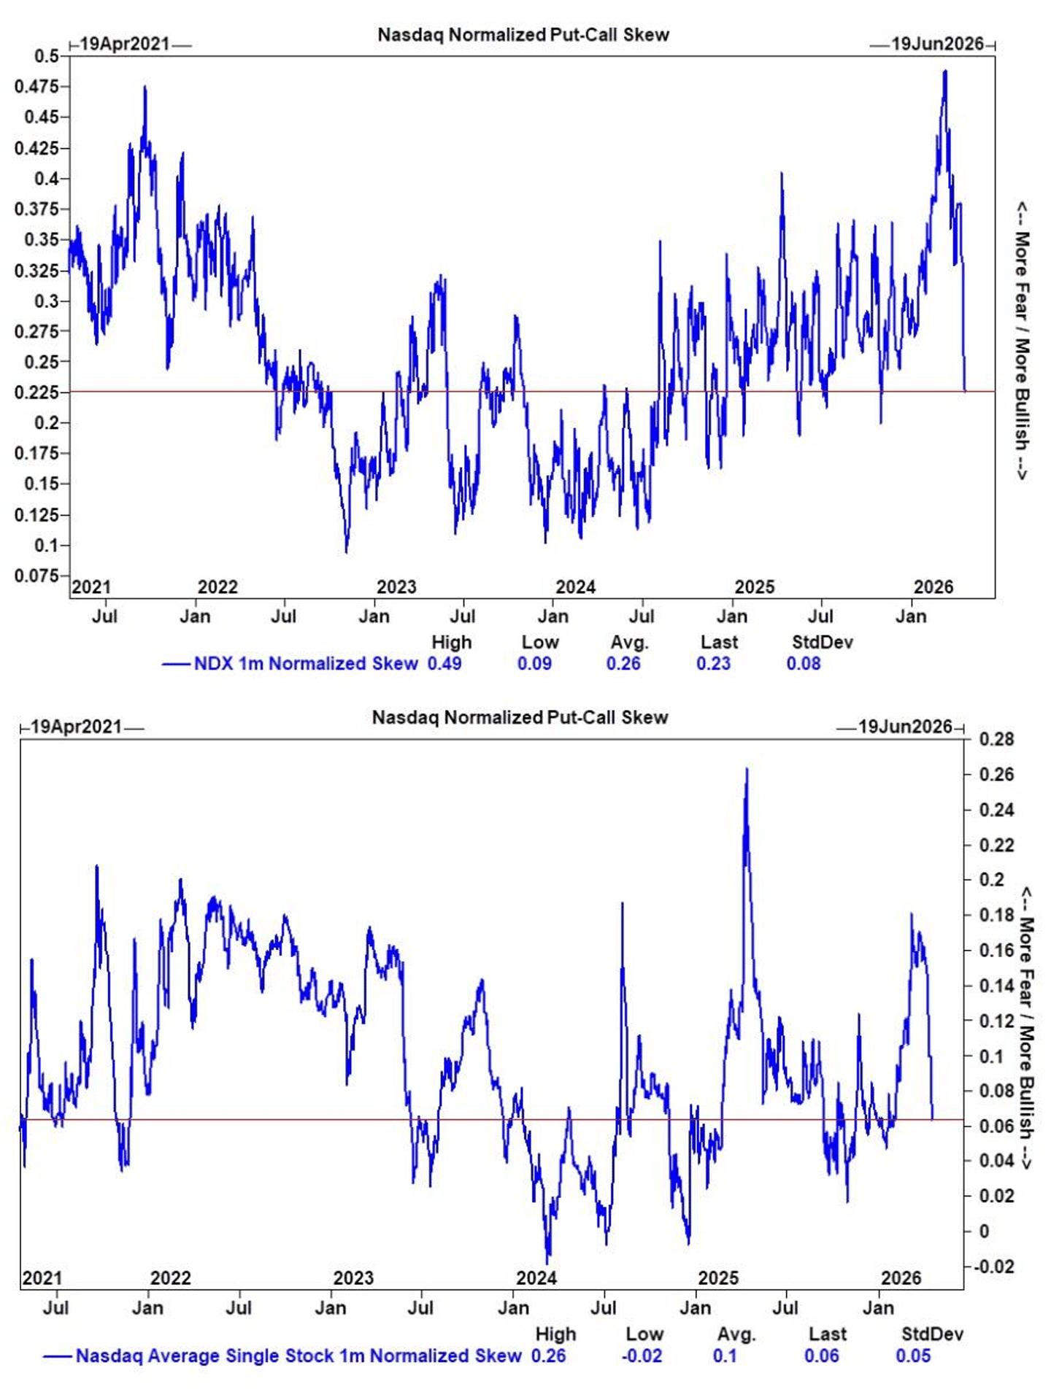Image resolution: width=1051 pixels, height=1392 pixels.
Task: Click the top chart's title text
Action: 523,34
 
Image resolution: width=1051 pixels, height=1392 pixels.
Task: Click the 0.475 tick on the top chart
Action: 36,86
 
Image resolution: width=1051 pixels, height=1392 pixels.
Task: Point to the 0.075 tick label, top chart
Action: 36,576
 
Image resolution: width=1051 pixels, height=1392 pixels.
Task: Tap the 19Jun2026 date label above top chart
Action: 937,44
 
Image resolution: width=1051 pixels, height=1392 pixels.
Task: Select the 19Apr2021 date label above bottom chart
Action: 76,727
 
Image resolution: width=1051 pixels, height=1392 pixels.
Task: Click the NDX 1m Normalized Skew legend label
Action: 306,663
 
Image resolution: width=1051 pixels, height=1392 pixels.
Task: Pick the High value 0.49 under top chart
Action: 444,663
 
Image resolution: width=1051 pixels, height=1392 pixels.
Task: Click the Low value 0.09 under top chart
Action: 534,663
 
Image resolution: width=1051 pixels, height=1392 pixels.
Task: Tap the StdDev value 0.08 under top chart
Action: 804,663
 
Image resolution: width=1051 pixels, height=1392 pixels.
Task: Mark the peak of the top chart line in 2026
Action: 945,71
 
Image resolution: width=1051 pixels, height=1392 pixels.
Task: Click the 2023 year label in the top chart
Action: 396,587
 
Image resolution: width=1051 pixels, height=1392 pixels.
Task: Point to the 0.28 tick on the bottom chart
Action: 996,739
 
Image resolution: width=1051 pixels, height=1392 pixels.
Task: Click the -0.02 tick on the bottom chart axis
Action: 994,1266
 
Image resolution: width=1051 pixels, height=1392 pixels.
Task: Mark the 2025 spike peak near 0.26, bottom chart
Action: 747,769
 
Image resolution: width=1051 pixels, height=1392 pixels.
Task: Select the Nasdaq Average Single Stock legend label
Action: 298,1356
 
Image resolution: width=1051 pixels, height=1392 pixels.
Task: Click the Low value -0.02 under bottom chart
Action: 642,1356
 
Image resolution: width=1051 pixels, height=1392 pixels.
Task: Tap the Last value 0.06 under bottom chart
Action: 821,1356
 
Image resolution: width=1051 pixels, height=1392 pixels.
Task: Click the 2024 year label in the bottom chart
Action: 536,1277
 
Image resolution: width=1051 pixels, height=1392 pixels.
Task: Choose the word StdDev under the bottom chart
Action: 932,1334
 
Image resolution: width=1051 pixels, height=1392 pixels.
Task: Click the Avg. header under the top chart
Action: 629,643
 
